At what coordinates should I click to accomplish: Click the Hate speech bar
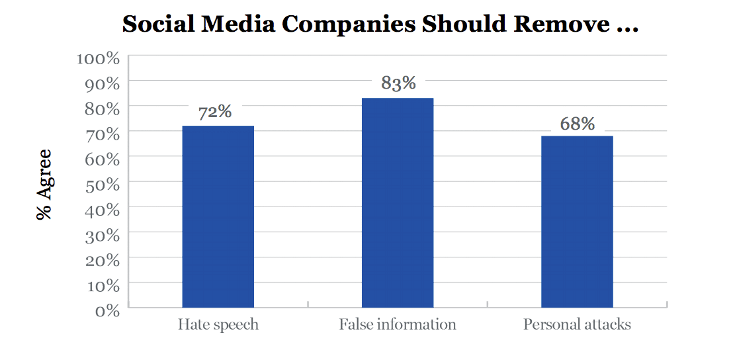[218, 216]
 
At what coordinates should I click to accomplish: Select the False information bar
[397, 202]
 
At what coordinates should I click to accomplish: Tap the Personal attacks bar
[577, 221]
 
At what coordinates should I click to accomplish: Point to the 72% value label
[215, 112]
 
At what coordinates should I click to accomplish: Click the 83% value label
[398, 83]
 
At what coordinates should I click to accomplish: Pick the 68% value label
[578, 124]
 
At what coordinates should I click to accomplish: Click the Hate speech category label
[218, 325]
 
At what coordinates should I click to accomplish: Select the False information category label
[398, 325]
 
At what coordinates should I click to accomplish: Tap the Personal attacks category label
[577, 325]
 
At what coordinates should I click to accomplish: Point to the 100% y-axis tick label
[98, 58]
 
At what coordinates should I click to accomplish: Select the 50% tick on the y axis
[103, 185]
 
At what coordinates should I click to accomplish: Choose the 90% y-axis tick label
[103, 83]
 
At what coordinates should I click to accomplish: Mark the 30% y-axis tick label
[103, 235]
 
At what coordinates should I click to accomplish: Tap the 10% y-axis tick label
[103, 285]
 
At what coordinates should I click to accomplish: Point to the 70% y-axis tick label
[103, 134]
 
